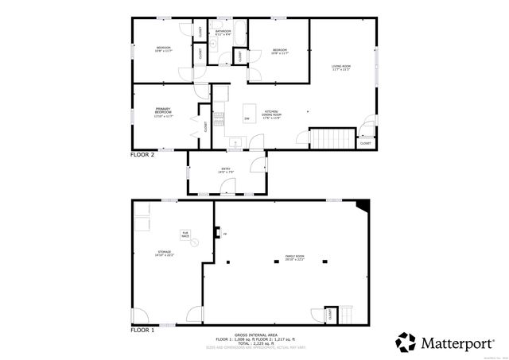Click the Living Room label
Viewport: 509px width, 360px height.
[340, 67]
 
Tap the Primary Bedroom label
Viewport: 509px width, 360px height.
[163, 111]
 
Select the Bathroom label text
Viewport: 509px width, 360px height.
[223, 33]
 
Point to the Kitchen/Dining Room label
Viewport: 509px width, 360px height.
[273, 114]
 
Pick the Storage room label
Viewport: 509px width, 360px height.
[164, 254]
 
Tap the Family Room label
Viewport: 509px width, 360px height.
[295, 257]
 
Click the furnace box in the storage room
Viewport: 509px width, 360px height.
[185, 234]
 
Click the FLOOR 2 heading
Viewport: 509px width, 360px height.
[142, 155]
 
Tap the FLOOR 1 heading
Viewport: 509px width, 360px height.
[142, 328]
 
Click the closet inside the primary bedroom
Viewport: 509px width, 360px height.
[205, 126]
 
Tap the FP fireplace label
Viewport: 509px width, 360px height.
[225, 234]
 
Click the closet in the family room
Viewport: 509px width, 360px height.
[330, 314]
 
